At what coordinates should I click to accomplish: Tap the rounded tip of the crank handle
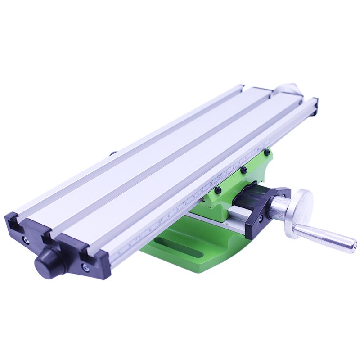353,246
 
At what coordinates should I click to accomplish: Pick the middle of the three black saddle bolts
243,170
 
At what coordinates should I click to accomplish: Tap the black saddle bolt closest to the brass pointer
218,190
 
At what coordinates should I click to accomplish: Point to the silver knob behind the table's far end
288,88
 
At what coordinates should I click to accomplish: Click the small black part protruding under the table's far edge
112,153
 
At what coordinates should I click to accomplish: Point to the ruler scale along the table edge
193,198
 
